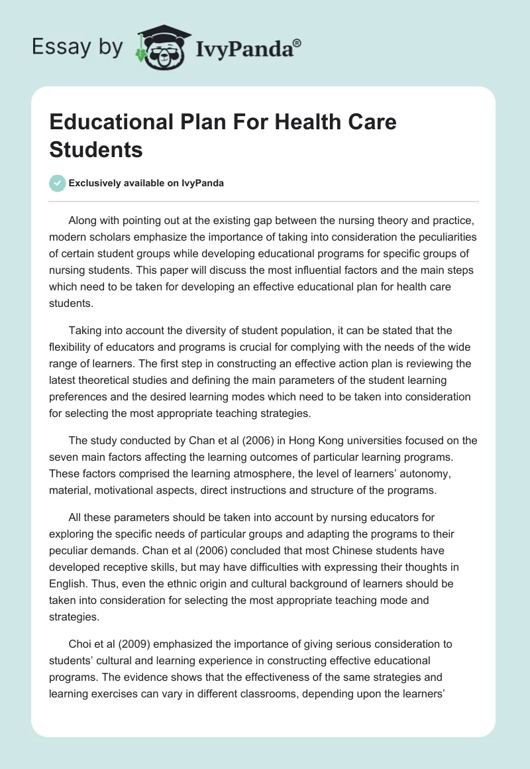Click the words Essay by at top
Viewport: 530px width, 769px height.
click(x=78, y=47)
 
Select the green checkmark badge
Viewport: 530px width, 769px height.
click(x=58, y=183)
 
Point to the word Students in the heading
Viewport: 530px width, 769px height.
click(x=96, y=149)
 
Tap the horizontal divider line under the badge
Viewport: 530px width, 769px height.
click(x=264, y=201)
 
